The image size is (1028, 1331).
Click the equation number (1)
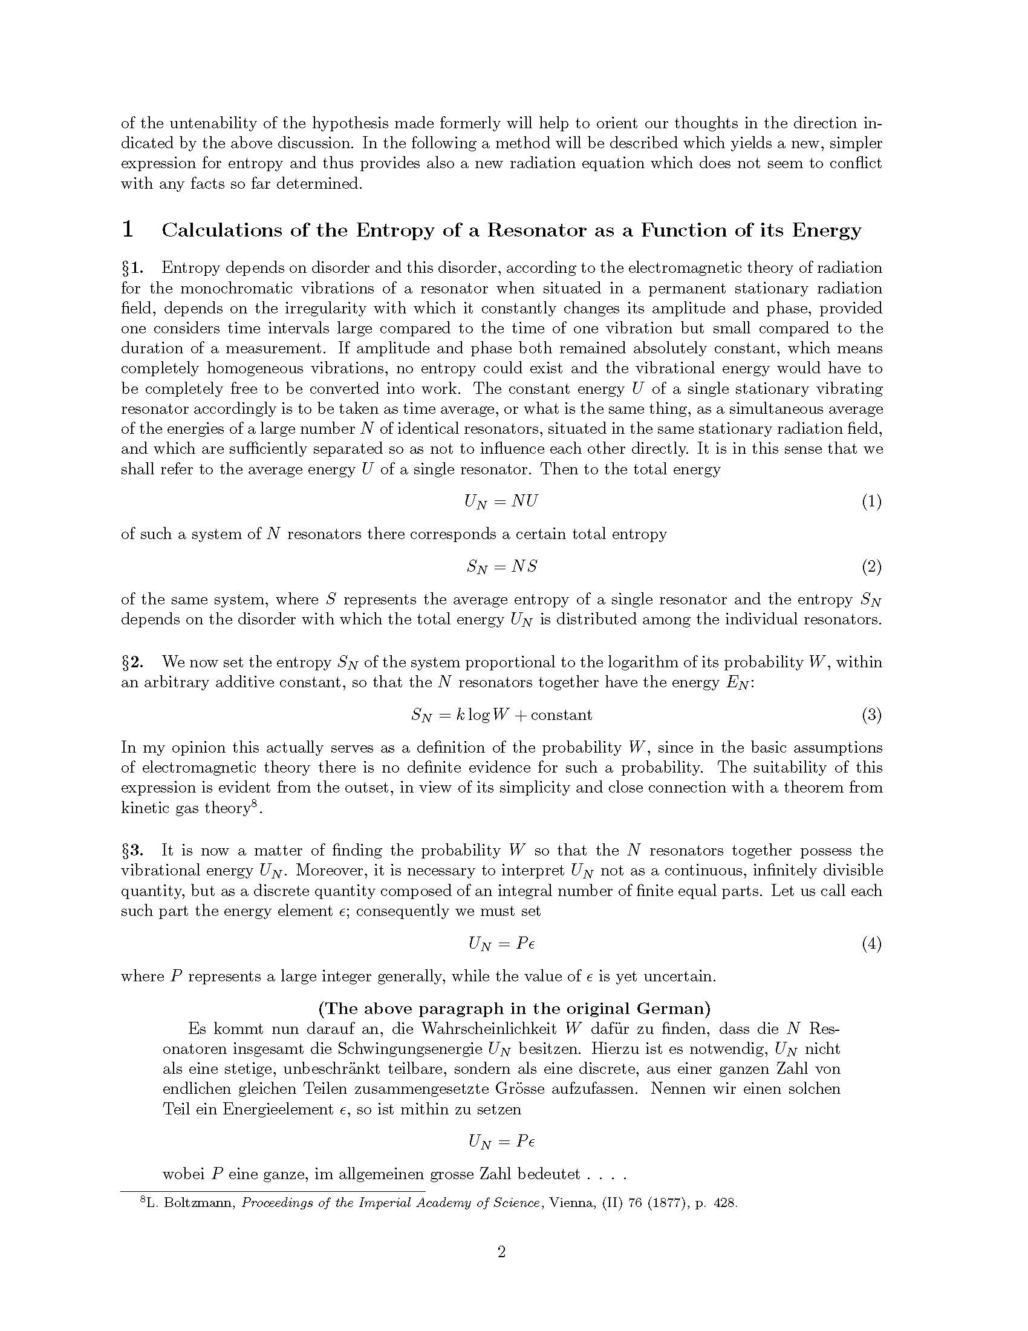[871, 502]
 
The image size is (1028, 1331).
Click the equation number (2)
[871, 567]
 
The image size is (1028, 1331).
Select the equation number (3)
[871, 715]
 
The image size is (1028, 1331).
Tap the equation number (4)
[871, 944]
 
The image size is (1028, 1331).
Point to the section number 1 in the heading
[128, 230]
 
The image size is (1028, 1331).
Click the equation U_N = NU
[501, 502]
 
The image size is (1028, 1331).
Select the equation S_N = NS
[502, 567]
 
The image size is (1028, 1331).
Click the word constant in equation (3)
[562, 715]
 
